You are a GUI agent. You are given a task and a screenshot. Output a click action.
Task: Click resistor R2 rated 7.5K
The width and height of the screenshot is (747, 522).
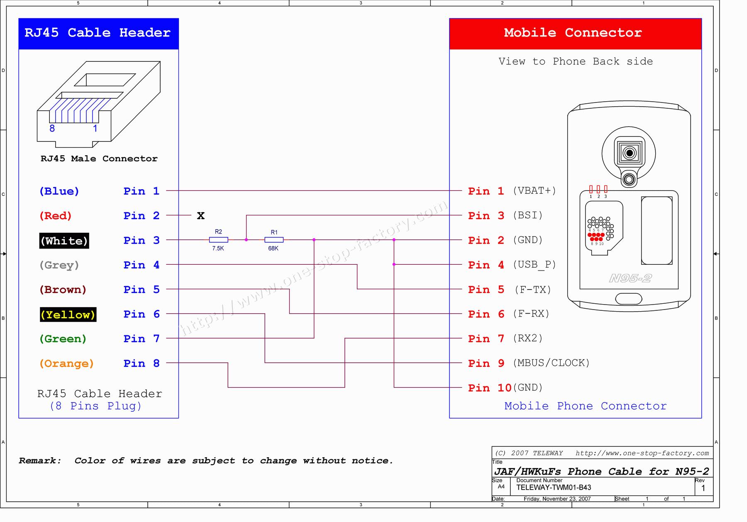point(218,240)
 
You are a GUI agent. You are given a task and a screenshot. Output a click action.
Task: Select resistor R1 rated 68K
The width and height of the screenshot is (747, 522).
point(274,240)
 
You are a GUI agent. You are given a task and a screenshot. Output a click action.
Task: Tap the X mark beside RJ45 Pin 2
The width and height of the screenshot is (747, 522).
point(201,216)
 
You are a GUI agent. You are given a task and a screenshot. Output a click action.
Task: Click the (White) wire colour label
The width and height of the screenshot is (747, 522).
point(64,241)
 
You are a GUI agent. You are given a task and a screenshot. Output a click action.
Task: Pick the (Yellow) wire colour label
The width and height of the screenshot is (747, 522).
point(68,315)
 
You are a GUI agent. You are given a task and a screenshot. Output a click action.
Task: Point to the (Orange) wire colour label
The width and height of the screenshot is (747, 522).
point(66,363)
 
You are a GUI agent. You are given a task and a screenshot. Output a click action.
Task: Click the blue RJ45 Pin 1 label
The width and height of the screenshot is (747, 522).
point(141,191)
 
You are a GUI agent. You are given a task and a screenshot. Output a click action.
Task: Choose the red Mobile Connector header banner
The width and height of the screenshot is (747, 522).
point(575,33)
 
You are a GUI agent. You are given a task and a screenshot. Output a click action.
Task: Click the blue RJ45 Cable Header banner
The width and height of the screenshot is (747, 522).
point(98,33)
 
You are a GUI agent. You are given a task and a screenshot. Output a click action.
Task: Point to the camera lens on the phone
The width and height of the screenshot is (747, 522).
point(629,153)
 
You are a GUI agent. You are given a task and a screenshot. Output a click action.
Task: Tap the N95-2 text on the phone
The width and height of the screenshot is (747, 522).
point(630,278)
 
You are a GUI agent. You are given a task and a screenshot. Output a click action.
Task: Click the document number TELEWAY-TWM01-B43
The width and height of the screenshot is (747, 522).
point(554,488)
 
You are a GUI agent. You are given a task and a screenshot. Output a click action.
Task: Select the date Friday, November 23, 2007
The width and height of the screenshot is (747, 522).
point(557,499)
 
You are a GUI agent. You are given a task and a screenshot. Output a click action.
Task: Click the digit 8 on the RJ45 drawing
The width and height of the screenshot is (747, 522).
point(52,129)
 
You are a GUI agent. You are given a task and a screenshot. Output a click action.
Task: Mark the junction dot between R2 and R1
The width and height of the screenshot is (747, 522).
point(247,240)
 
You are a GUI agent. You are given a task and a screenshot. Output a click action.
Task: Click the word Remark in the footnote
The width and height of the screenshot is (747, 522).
point(40,461)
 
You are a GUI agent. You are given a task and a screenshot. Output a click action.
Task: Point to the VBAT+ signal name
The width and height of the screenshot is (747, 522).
point(534,191)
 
